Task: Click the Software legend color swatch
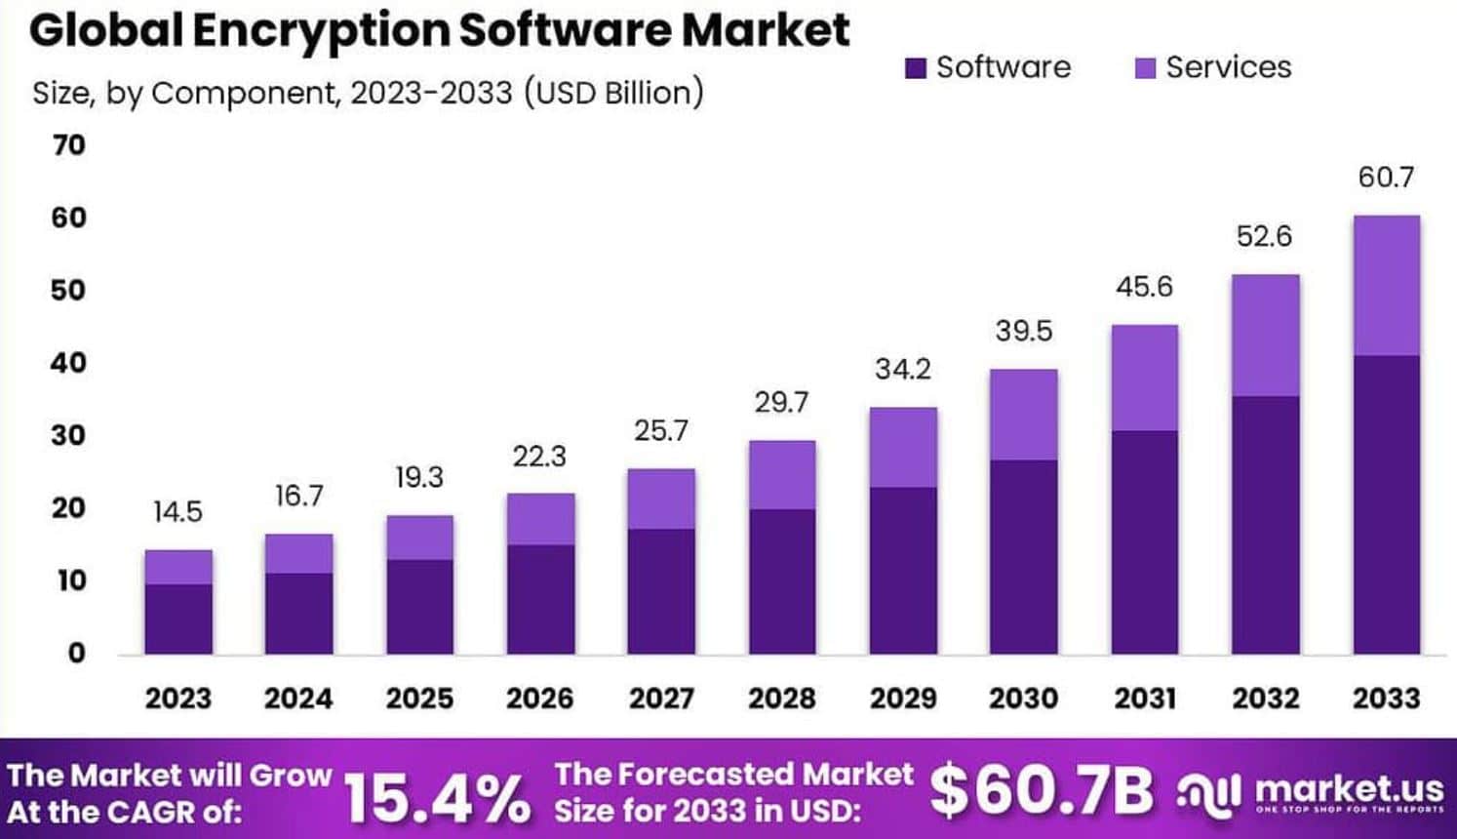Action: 915,68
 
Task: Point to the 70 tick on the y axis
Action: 69,145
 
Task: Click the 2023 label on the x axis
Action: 177,699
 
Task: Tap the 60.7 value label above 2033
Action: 1385,178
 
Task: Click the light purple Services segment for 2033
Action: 1385,285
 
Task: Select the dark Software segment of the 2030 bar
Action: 1023,556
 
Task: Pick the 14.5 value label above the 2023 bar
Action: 177,512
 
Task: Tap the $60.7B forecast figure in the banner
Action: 1041,790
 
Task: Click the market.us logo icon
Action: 1210,792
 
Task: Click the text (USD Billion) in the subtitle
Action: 613,93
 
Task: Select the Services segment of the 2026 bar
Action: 540,519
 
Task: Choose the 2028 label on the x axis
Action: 781,699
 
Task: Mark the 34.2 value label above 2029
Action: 902,370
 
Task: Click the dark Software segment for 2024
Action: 298,613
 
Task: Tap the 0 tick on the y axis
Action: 76,653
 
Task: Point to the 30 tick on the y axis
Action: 69,435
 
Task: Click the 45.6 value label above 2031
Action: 1144,287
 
